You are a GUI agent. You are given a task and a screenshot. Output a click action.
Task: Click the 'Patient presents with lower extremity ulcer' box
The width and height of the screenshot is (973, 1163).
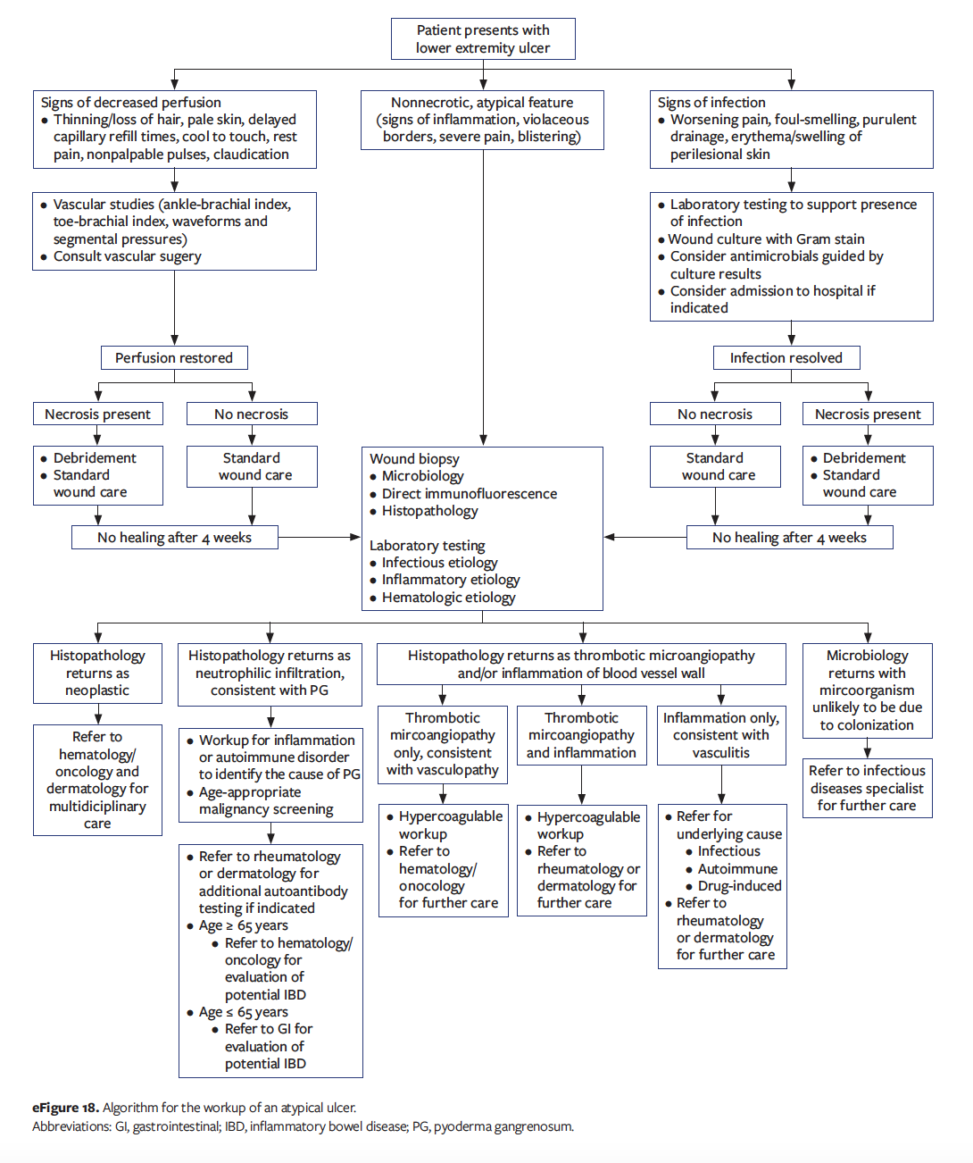tap(483, 39)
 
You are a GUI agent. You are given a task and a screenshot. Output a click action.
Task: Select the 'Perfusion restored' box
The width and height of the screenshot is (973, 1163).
tap(174, 358)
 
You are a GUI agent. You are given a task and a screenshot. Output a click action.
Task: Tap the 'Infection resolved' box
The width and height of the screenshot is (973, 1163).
tap(786, 358)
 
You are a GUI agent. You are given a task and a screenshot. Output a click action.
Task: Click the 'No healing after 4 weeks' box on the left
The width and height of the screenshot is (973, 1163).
tap(175, 538)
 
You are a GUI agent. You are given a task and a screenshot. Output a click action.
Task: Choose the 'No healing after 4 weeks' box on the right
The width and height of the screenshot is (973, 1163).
tap(789, 538)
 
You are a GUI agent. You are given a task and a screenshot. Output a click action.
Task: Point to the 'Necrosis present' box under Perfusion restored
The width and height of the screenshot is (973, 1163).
tap(98, 414)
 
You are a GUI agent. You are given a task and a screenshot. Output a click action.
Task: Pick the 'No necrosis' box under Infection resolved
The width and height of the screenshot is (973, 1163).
tap(715, 414)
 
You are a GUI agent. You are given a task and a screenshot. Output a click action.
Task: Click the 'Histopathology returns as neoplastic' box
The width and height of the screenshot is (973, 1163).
tap(97, 673)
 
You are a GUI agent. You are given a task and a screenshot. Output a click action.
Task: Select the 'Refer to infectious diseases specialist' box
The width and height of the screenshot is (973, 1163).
tap(867, 788)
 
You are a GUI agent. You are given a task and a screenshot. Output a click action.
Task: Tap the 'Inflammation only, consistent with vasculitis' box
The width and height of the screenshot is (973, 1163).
tap(721, 735)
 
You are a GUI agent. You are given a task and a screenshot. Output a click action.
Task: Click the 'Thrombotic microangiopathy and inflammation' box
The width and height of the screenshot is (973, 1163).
tap(581, 735)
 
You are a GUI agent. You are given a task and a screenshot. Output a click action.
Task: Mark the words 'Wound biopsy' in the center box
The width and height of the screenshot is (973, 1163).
tap(414, 459)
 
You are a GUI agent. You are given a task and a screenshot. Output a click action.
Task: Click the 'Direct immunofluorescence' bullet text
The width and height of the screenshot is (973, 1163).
tap(470, 494)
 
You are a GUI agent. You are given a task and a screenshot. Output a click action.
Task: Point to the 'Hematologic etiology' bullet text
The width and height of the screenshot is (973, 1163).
tap(448, 598)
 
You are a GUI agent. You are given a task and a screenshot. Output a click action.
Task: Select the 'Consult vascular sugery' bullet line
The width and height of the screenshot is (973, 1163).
tap(127, 256)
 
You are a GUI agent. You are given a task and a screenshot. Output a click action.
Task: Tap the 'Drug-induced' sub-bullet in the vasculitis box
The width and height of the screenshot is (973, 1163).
tap(739, 886)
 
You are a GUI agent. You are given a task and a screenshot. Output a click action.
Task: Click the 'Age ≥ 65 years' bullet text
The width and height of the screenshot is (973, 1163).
tap(243, 925)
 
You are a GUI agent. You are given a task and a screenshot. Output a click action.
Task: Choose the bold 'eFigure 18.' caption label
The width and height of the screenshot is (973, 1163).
tap(65, 1108)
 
